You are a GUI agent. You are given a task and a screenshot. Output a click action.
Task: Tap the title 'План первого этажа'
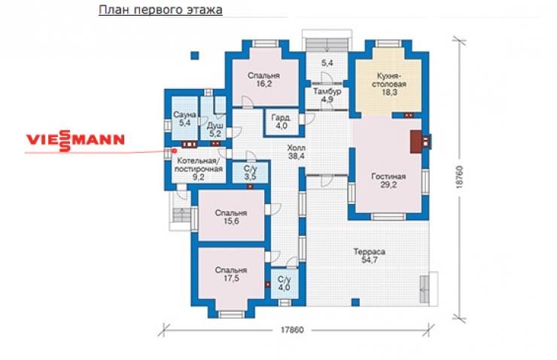[x=160, y=10]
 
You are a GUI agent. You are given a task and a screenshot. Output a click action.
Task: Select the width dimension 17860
[x=292, y=330]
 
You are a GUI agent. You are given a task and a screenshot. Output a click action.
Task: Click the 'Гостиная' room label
[x=388, y=176]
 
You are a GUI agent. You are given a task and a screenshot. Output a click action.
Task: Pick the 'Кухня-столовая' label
[x=391, y=80]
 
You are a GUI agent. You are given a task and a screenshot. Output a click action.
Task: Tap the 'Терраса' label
[x=370, y=252]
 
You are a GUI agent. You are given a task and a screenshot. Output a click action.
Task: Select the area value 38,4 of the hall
[x=297, y=156]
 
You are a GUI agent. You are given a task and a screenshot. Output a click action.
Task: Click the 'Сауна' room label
[x=184, y=114]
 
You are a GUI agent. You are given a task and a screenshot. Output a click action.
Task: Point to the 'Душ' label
[x=215, y=126]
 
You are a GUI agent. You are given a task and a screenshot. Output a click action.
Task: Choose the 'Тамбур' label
[x=327, y=91]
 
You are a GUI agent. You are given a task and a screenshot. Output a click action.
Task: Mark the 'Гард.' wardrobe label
[x=282, y=117]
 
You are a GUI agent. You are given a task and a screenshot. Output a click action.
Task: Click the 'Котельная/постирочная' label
[x=199, y=164]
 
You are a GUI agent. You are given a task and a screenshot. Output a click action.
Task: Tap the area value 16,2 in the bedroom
[x=264, y=84]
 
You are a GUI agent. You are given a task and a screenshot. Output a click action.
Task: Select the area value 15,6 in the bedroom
[x=231, y=221]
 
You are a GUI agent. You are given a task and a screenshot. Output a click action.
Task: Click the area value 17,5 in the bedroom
[x=231, y=278]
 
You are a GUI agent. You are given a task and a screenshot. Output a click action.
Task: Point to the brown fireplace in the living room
[x=416, y=142]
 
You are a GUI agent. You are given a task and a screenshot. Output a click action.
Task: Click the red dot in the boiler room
[x=175, y=151]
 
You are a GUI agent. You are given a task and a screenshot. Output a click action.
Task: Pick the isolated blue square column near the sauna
[x=195, y=56]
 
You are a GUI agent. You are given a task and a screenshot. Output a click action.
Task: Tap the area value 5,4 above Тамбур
[x=327, y=63]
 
